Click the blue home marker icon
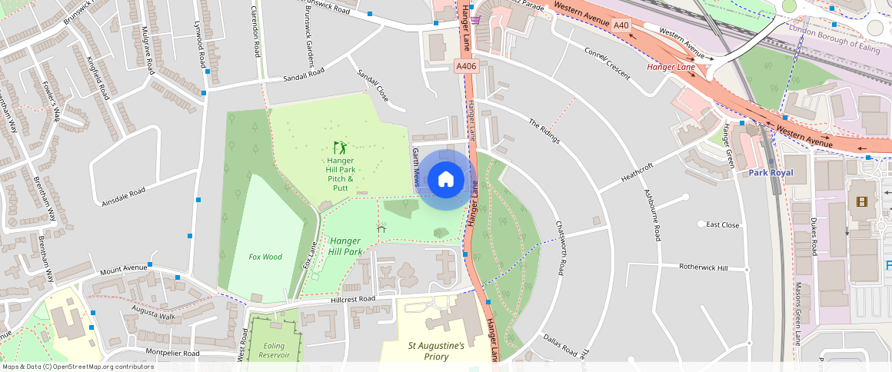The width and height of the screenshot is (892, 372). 445,180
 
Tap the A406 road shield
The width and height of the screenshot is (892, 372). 466,67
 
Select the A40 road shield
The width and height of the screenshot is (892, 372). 621,26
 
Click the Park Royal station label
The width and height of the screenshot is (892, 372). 771,173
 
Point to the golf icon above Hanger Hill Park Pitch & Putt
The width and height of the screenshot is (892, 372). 340,147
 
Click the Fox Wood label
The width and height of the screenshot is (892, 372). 265,257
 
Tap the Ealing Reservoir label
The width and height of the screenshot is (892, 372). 274,350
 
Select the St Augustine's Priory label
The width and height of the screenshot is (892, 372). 435,351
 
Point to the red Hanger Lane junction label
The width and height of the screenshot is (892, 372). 671,67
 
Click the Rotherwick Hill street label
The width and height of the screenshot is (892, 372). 703,267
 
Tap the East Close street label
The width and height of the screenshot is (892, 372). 722,225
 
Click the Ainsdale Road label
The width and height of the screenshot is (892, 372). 123,197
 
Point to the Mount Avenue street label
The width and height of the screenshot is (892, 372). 122,270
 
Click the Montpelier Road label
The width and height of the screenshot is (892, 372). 172,354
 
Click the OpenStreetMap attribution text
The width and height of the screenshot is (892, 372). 77,367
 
